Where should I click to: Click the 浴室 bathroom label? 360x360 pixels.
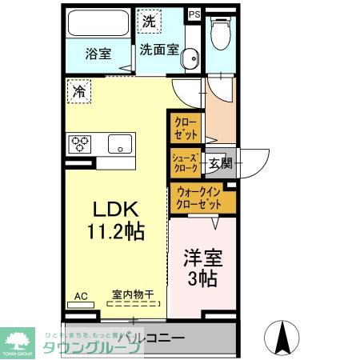click(x=99, y=54)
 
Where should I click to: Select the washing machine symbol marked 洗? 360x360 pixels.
click(x=149, y=22)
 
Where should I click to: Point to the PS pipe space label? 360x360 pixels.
click(x=194, y=14)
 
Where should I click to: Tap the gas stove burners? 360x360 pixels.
click(x=81, y=145)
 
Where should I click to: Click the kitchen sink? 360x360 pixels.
click(x=120, y=145)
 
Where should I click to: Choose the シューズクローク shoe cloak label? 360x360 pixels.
click(x=185, y=163)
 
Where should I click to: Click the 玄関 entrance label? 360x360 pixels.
click(x=220, y=163)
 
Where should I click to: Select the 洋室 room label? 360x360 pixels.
click(x=203, y=259)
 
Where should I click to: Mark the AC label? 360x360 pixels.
click(x=81, y=296)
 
